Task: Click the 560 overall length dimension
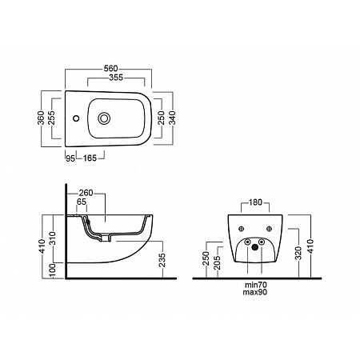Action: pyautogui.click(x=110, y=68)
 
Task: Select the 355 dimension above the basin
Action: pyautogui.click(x=116, y=78)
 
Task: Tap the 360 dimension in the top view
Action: pyautogui.click(x=41, y=118)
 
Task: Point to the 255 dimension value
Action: pyautogui.click(x=51, y=118)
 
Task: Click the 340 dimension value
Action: pyautogui.click(x=172, y=118)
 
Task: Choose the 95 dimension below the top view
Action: pyautogui.click(x=70, y=158)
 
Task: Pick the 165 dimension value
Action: pyautogui.click(x=90, y=158)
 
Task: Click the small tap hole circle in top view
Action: pyautogui.click(x=76, y=118)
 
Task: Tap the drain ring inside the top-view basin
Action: pyautogui.click(x=104, y=118)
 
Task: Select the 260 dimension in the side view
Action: pyautogui.click(x=86, y=193)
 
